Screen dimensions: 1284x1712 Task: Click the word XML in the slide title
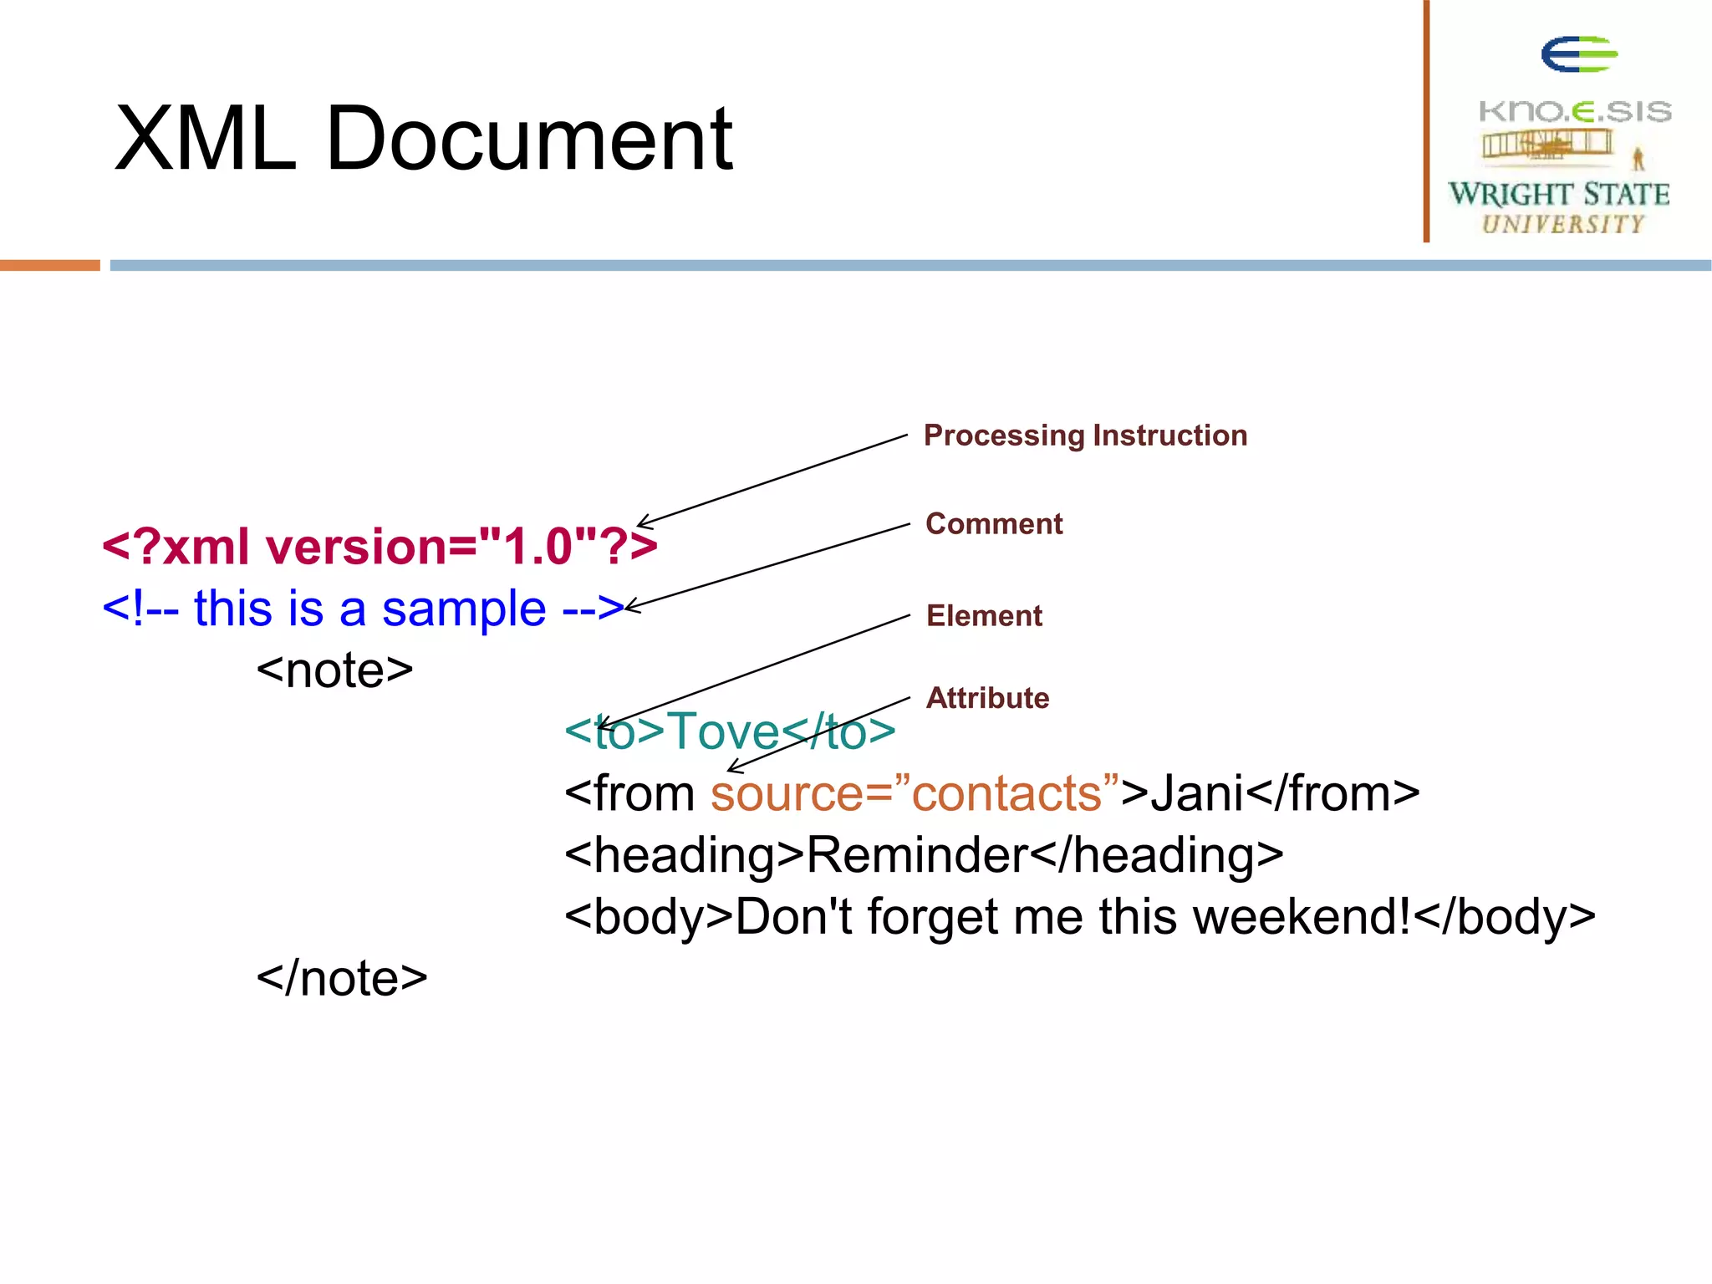point(205,139)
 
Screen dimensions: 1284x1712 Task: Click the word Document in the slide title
point(528,139)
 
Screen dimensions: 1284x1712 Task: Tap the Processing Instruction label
point(1085,436)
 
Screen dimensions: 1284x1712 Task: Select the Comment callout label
point(994,524)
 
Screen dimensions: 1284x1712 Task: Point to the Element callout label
point(984,616)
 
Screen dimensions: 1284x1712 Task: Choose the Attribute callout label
point(987,698)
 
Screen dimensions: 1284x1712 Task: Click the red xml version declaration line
point(379,547)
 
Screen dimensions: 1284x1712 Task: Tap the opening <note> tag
point(334,670)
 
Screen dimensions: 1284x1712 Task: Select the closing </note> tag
point(341,978)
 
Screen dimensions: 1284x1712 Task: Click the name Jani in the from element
point(1197,793)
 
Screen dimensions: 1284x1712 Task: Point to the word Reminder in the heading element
point(916,855)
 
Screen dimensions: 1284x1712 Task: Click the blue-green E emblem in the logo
point(1578,54)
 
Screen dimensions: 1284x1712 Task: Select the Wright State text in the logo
point(1558,194)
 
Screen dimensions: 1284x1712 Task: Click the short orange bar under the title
point(49,265)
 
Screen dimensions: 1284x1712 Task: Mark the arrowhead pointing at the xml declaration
point(641,523)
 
